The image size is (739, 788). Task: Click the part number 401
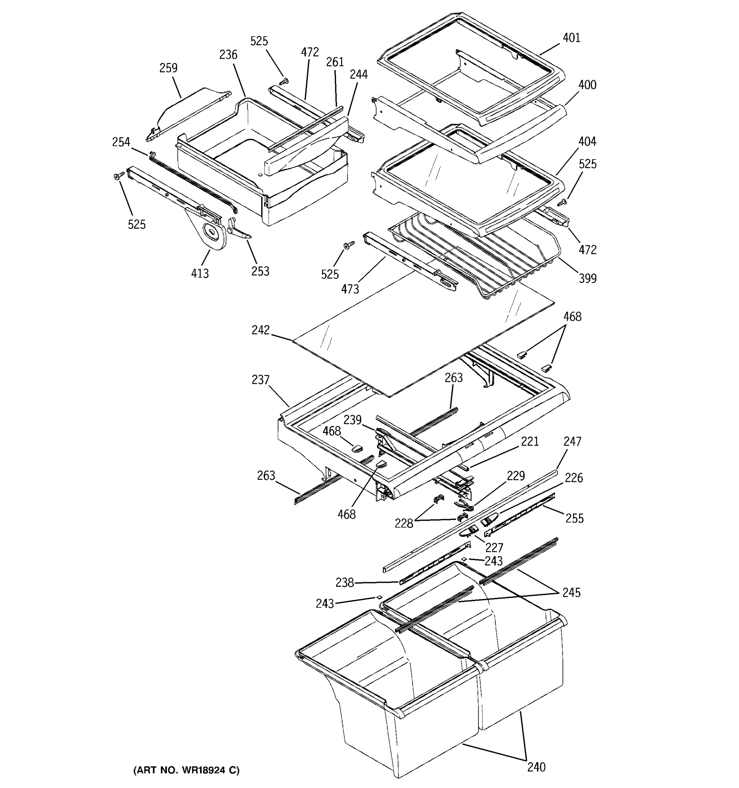point(571,38)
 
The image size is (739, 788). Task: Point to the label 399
point(588,279)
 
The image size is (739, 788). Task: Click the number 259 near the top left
point(168,68)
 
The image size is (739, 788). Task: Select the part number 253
point(260,271)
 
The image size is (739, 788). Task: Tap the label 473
point(350,289)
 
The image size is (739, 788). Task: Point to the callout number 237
point(260,380)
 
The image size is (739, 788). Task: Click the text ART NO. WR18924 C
point(186,770)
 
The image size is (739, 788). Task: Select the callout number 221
point(530,441)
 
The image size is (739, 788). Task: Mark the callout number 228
point(404,524)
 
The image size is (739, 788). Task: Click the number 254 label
point(121,142)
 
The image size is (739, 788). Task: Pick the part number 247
point(572,441)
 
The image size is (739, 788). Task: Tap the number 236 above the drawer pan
point(228,55)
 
